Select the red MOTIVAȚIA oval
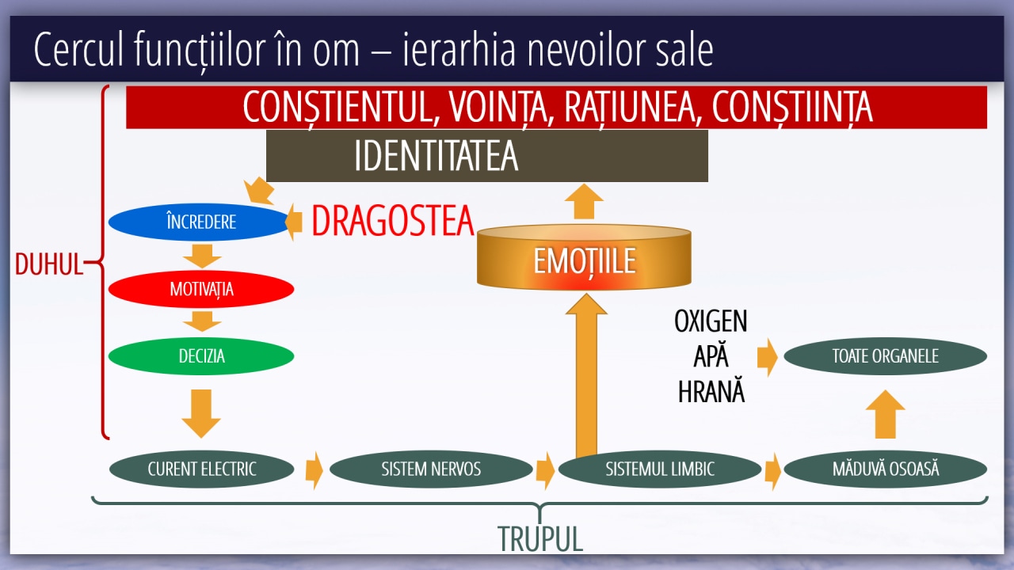point(201,289)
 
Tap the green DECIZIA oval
point(201,356)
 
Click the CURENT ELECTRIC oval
point(202,469)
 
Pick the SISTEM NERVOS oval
point(431,469)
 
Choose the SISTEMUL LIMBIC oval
point(660,469)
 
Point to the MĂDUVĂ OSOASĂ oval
point(886,469)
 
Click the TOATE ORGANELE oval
point(886,356)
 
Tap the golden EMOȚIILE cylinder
point(584,257)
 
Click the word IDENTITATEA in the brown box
point(436,156)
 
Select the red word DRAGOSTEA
point(393,221)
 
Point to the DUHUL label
point(49,264)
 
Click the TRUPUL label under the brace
point(540,539)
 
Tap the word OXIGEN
point(711,321)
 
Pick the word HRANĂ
point(711,391)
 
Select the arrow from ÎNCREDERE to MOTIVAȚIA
point(202,256)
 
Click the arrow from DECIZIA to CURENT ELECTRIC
point(201,413)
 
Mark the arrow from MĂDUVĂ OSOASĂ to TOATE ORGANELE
point(886,414)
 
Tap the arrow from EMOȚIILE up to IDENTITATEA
point(585,201)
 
